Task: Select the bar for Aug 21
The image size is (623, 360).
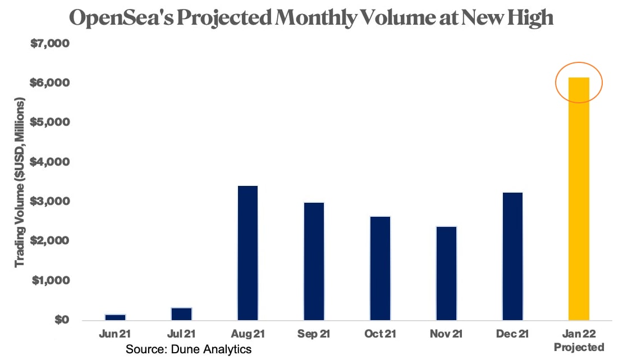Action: click(248, 253)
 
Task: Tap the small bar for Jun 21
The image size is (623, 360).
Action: click(115, 317)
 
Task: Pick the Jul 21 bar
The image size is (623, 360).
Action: click(181, 314)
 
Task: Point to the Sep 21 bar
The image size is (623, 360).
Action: click(314, 261)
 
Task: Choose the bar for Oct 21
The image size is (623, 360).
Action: click(380, 268)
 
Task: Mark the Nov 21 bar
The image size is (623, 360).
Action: click(446, 274)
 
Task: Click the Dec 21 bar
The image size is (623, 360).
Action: click(512, 256)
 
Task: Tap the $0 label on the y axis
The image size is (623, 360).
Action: click(61, 320)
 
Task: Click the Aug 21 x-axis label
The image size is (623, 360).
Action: click(248, 334)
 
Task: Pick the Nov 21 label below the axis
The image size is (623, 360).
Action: click(446, 334)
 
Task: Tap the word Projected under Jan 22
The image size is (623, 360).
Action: click(579, 347)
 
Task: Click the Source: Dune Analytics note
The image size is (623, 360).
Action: click(188, 349)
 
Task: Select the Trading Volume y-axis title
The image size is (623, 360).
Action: click(20, 183)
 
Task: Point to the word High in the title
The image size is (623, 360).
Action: click(527, 19)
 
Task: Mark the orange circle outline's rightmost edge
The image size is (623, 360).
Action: click(602, 83)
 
